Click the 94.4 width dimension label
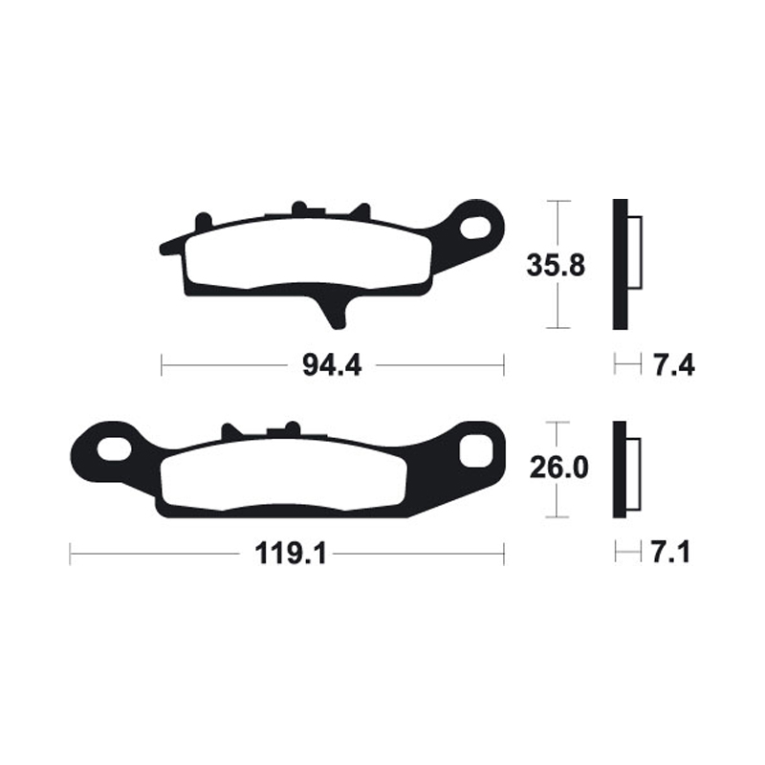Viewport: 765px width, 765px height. click(332, 364)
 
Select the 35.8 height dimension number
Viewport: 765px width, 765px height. click(556, 266)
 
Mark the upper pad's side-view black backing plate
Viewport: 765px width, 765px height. click(620, 265)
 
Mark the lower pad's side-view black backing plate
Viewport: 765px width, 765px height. click(620, 470)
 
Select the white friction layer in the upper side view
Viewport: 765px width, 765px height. click(636, 252)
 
